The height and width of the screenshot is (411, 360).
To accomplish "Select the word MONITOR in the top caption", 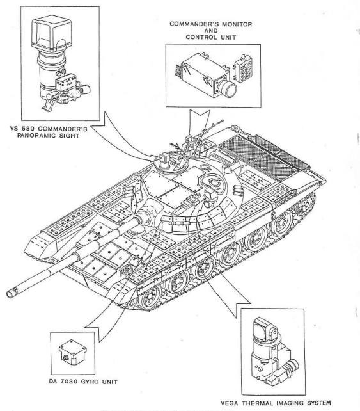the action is (x=237, y=24).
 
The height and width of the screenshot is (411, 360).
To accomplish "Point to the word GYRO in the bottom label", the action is (x=90, y=382).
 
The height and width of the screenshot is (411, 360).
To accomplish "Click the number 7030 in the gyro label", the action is (x=68, y=382).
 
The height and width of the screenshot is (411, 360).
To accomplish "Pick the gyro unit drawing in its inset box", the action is (x=72, y=351).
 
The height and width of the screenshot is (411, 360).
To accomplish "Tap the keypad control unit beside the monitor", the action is (x=244, y=68).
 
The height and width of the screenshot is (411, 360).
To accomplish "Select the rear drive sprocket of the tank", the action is (x=305, y=204).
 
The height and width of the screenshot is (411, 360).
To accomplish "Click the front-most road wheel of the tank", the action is (x=149, y=297).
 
